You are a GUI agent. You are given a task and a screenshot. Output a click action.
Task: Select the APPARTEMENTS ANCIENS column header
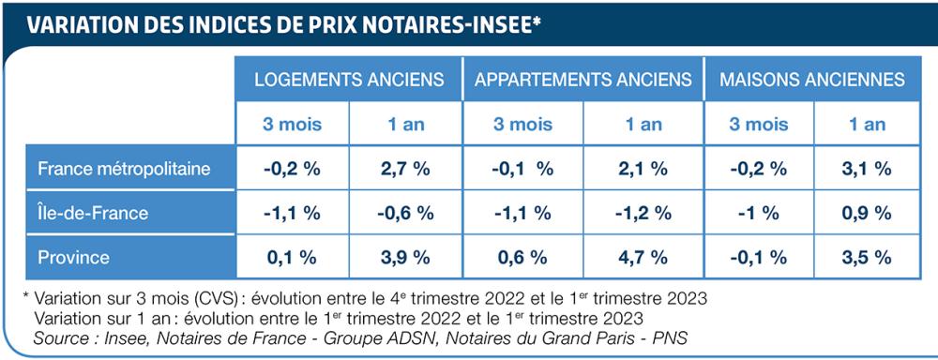(583, 79)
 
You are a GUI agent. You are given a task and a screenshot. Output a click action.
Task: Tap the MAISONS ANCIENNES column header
(812, 79)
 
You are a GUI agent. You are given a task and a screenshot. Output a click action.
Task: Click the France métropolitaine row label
(124, 169)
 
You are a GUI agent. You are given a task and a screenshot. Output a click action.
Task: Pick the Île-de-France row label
(93, 213)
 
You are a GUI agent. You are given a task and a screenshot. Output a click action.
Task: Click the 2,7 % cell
(406, 169)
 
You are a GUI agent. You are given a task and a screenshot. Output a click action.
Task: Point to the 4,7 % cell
(643, 257)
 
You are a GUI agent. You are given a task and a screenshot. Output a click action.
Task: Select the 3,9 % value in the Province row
(406, 257)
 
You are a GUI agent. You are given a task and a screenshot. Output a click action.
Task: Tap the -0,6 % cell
(406, 213)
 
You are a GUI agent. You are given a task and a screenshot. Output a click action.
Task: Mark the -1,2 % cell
(643, 213)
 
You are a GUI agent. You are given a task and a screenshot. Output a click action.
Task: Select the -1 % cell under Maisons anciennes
(758, 213)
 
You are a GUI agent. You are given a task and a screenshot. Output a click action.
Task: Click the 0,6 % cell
(522, 257)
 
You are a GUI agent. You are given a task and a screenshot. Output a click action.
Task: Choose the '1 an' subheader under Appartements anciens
(643, 124)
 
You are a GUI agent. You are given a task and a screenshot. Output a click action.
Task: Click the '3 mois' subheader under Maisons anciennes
(758, 124)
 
